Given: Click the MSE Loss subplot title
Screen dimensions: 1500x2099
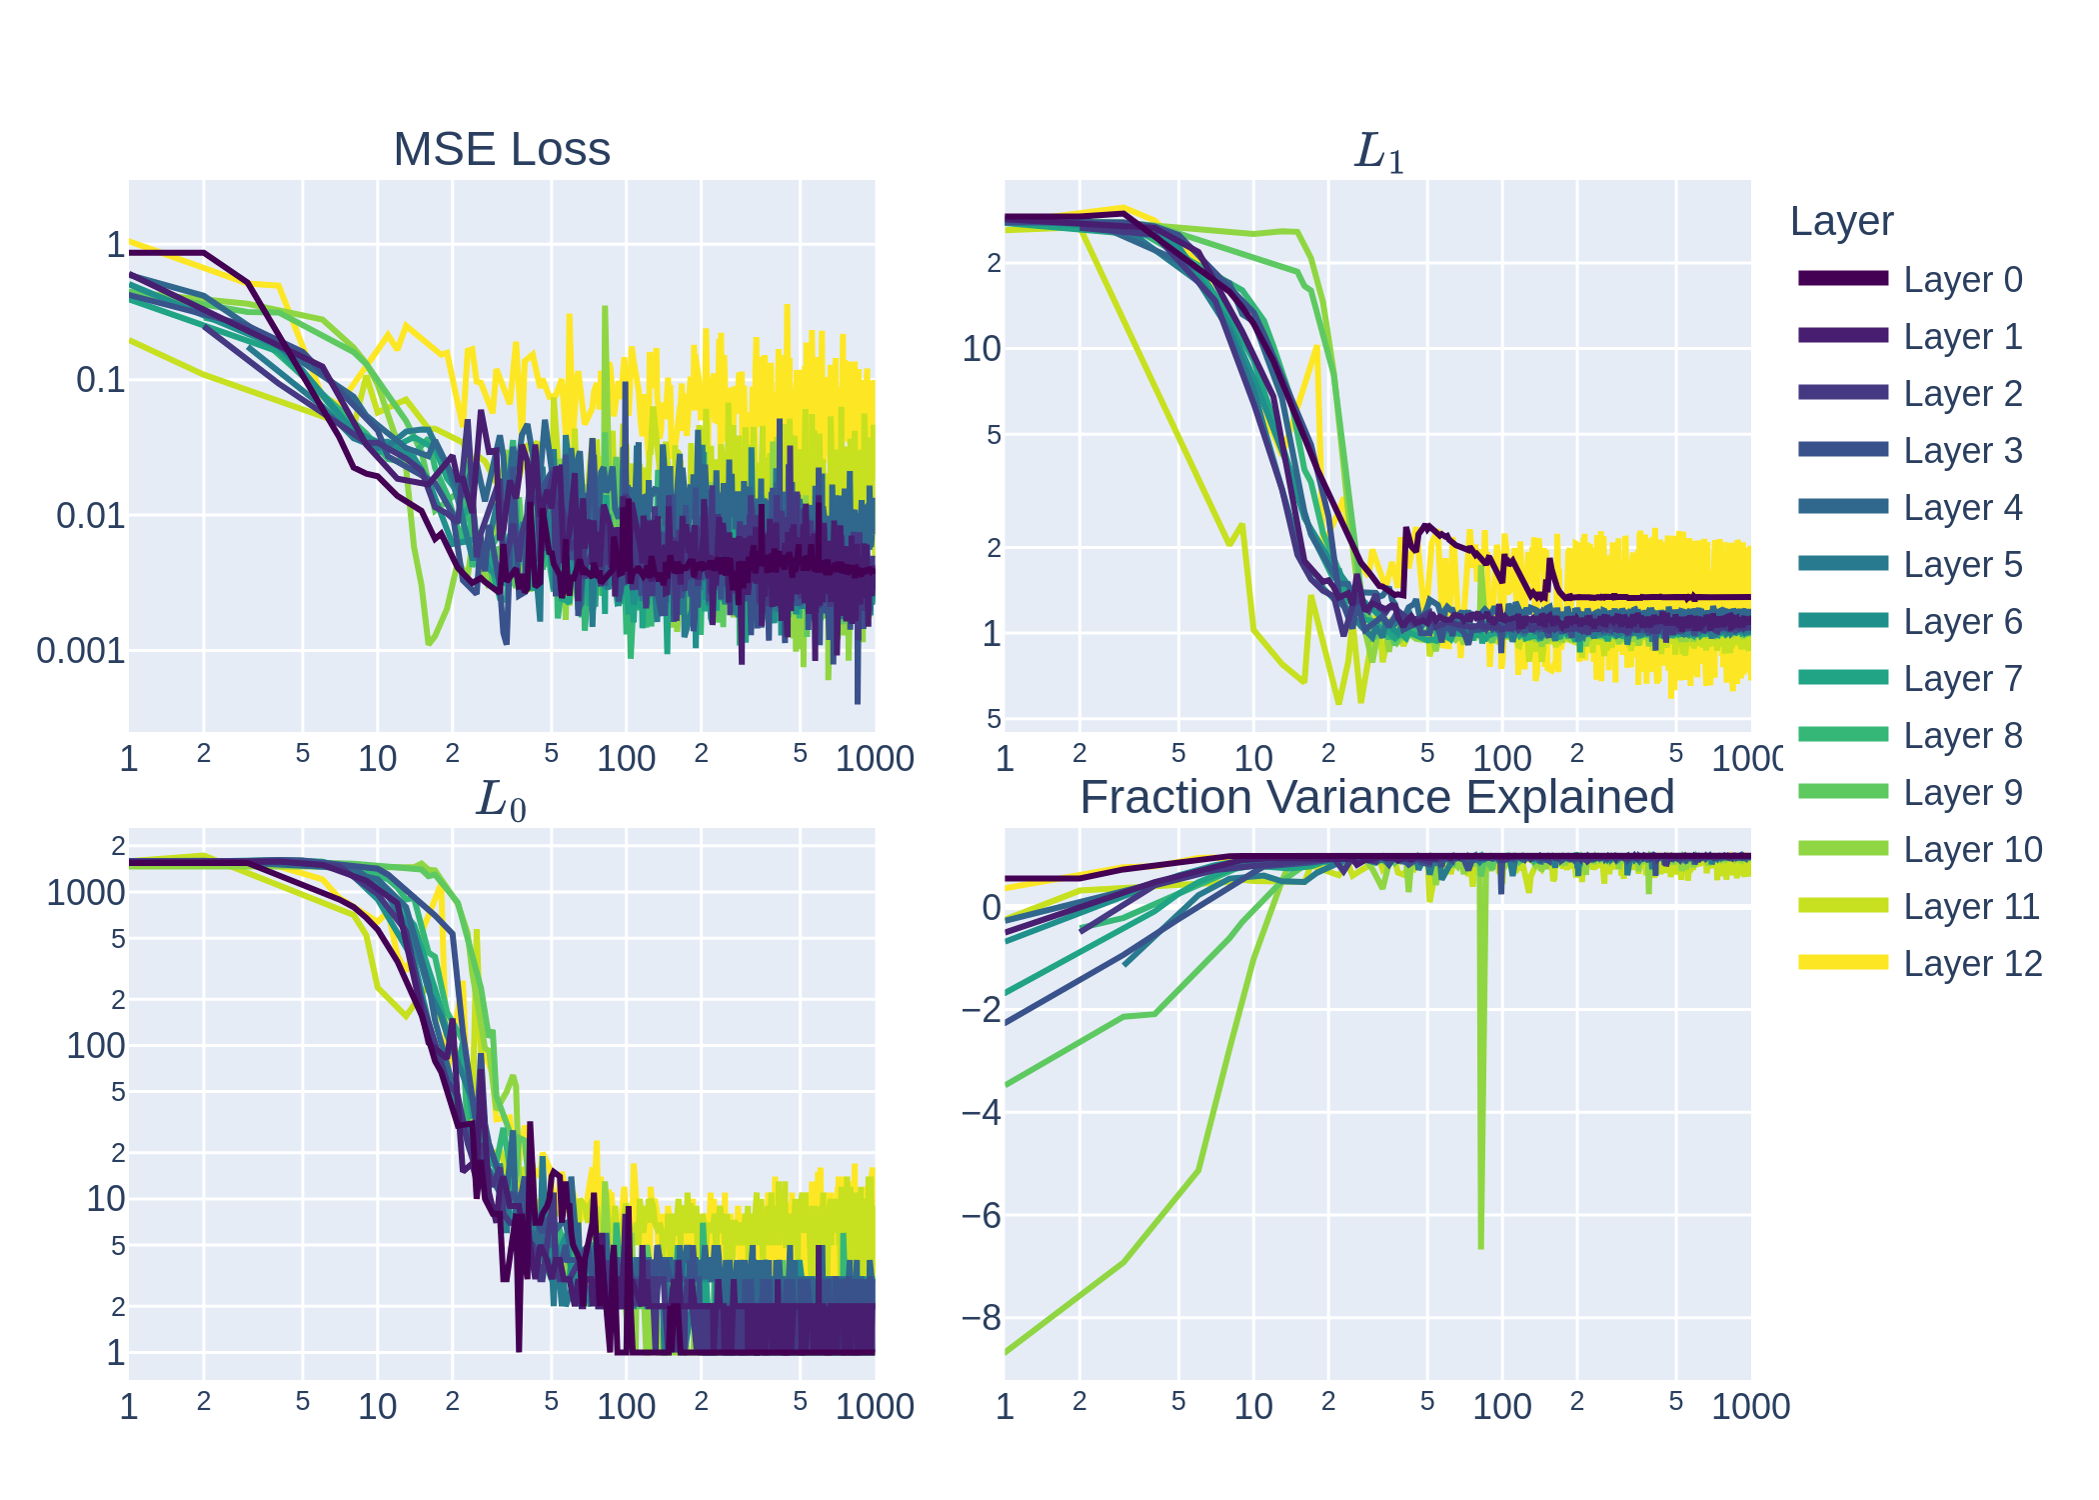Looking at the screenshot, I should coord(501,150).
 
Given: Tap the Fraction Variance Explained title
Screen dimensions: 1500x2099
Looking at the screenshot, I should coord(1376,798).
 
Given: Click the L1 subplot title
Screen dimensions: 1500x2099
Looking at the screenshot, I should coord(1378,153).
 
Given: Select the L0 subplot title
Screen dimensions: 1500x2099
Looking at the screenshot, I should coord(501,800).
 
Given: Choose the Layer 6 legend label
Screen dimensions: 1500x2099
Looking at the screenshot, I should coord(1962,622).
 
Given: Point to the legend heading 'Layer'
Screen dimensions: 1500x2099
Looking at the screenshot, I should coord(1841,222).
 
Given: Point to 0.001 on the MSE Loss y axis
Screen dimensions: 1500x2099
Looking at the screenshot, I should coord(81,651).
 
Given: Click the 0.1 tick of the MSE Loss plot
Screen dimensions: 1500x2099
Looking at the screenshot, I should coord(100,380).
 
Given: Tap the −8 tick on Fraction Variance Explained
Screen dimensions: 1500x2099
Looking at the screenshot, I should coord(981,1319).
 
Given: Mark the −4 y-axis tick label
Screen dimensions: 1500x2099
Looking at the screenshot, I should coord(981,1112).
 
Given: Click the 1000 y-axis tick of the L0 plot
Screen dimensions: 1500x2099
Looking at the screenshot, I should coord(86,893).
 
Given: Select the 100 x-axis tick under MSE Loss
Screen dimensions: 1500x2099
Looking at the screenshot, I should coord(626,759).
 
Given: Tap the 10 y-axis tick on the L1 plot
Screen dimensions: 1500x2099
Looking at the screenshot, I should coord(981,349).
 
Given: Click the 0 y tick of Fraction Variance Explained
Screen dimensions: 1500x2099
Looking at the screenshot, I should coord(991,907).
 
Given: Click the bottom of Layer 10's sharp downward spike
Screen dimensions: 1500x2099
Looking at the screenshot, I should coord(1480,1246).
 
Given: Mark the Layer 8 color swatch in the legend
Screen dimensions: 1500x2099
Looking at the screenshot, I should coord(1843,735).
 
